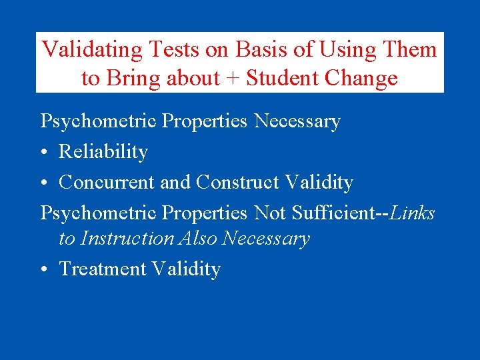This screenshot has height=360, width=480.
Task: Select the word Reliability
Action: point(103,152)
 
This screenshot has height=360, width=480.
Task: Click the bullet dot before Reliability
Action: point(45,153)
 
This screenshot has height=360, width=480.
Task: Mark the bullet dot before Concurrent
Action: point(45,183)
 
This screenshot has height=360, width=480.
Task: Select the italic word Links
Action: point(413,213)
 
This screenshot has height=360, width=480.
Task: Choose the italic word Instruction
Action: point(126,239)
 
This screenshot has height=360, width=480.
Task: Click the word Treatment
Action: point(103,269)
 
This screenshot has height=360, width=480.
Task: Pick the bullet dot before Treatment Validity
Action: point(45,269)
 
